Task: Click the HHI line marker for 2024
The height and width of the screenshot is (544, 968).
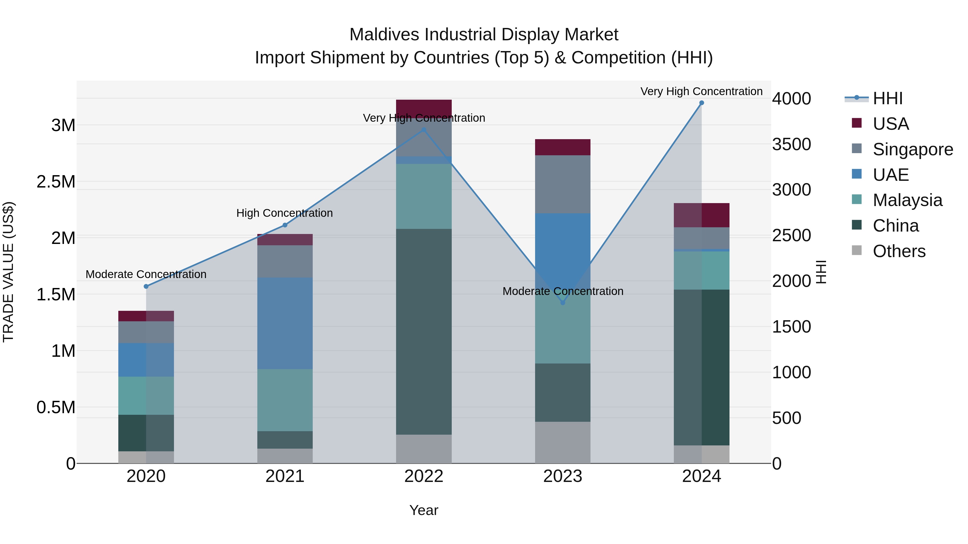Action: click(x=701, y=103)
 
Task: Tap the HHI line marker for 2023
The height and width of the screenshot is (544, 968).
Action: click(x=563, y=302)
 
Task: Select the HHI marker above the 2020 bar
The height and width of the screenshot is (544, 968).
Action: click(x=146, y=286)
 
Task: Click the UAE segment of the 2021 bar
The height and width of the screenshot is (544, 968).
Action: click(x=285, y=323)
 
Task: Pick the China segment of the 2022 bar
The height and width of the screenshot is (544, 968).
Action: click(x=423, y=332)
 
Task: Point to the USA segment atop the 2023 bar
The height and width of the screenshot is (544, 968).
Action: click(x=563, y=147)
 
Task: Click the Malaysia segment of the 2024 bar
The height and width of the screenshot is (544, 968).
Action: click(x=701, y=270)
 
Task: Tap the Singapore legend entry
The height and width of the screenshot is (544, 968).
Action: click(x=912, y=149)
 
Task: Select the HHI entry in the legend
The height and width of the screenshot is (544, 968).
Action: click(x=887, y=98)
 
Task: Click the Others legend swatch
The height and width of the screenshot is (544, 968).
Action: click(x=856, y=250)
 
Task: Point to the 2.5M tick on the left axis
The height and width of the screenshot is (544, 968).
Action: click(x=56, y=182)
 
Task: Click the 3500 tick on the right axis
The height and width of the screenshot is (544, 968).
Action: click(x=791, y=144)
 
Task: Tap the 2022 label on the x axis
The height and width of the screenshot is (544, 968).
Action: click(x=423, y=476)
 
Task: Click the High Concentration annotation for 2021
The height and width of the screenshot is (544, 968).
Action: click(x=284, y=213)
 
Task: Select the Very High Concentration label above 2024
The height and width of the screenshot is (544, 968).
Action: click(x=701, y=91)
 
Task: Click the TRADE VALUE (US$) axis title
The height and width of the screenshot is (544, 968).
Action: click(x=8, y=272)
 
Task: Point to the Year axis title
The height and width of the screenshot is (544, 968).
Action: click(x=423, y=510)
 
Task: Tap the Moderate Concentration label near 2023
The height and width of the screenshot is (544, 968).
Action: click(x=563, y=291)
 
